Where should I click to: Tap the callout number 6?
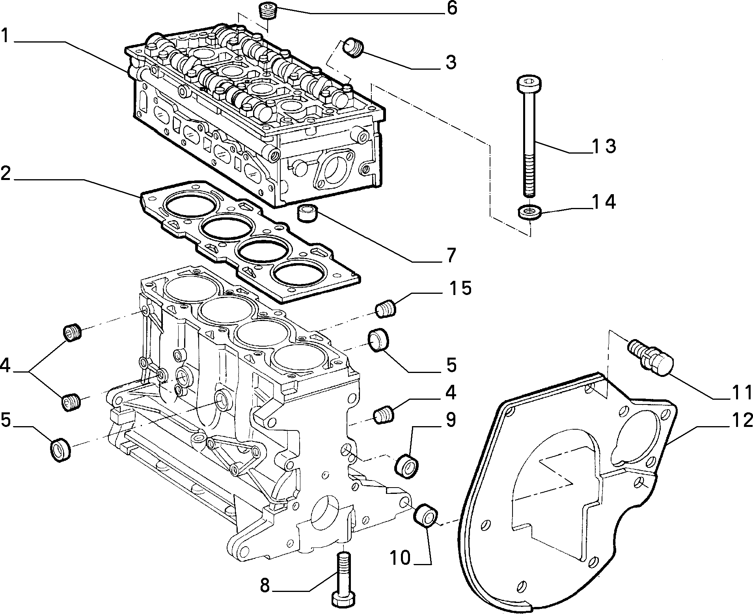pos(451,8)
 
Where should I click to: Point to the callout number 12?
pos(737,421)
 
